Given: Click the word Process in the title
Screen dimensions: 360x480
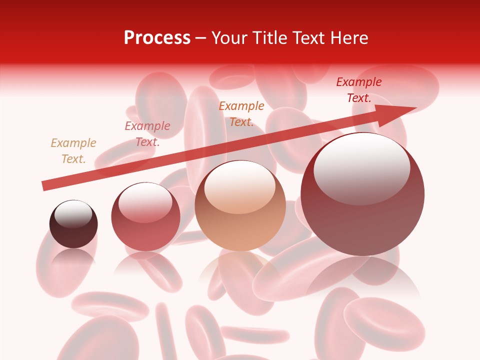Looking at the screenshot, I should tap(157, 38).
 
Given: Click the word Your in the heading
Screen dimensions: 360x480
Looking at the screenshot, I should tap(230, 38).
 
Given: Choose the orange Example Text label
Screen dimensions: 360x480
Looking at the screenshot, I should tap(241, 113).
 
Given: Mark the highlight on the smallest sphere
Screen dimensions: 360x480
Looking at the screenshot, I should tap(73, 214).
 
